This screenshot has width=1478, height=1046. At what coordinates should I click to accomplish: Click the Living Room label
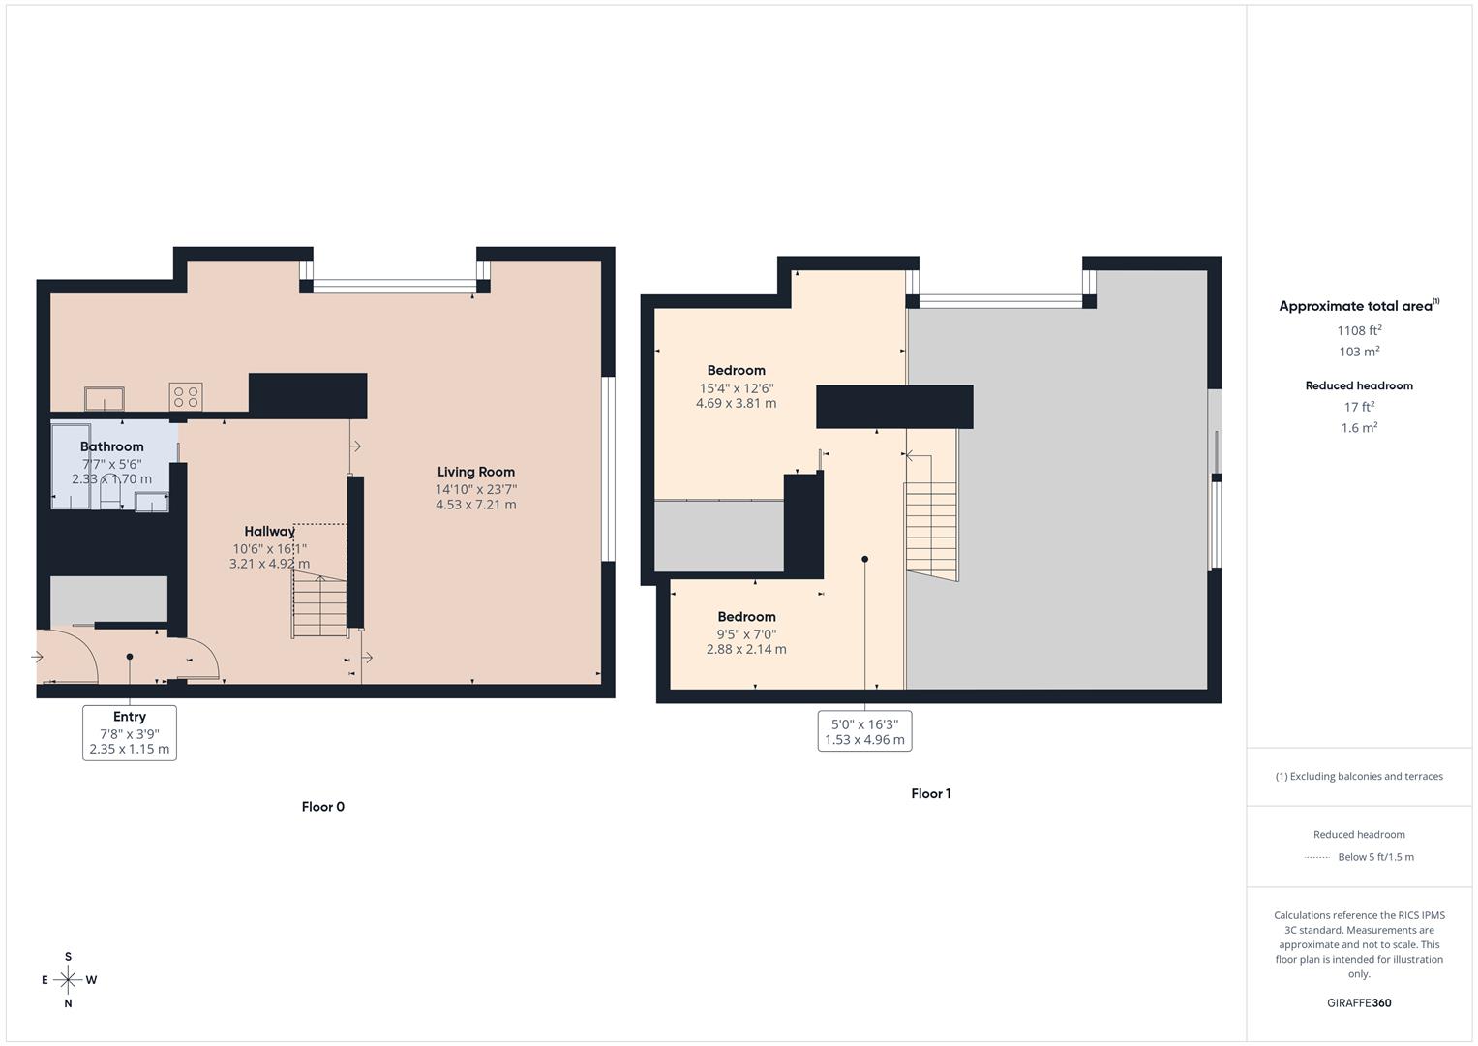point(475,473)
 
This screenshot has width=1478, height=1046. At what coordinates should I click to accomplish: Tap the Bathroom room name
point(111,446)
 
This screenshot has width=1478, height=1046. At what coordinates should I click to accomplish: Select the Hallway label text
point(269,532)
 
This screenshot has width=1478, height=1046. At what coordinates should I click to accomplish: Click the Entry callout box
point(130,732)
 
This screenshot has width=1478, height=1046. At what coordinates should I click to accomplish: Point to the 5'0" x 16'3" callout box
point(864,731)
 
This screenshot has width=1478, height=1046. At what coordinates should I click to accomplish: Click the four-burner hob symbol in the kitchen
point(186,397)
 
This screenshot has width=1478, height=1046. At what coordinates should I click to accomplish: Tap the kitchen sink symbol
point(104,399)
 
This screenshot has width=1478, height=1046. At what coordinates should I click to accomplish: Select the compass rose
point(68,980)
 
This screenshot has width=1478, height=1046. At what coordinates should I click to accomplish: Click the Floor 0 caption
point(322,807)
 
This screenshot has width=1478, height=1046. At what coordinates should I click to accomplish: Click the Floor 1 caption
point(930,793)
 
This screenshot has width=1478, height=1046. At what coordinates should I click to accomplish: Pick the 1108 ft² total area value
point(1359,330)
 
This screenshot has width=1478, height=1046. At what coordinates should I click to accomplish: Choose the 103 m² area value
point(1359,353)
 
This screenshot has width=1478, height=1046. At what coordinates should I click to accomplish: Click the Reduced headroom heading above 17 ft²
point(1359,385)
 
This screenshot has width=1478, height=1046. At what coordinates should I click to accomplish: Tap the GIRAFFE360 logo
point(1359,1003)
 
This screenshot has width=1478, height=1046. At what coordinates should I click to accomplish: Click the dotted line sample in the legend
point(1316,857)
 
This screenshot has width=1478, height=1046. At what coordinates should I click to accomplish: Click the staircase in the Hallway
point(319,605)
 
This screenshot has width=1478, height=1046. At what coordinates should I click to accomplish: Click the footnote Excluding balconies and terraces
point(1359,776)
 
